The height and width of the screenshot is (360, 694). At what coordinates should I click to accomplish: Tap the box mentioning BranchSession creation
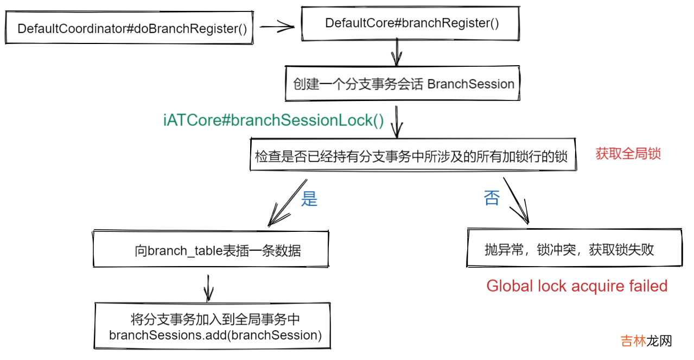(x=403, y=84)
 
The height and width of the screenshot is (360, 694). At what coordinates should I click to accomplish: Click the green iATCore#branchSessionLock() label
(x=273, y=121)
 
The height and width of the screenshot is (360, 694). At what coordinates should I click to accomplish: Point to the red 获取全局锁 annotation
(x=628, y=154)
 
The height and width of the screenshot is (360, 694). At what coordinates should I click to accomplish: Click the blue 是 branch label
(x=309, y=199)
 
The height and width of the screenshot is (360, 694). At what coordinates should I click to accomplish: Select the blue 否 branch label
(x=492, y=198)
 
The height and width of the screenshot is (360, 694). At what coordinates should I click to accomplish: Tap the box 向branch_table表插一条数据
(x=211, y=250)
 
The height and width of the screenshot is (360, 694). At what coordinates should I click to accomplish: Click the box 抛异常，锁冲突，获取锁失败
(x=574, y=249)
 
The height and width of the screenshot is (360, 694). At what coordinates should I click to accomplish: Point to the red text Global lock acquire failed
(x=577, y=286)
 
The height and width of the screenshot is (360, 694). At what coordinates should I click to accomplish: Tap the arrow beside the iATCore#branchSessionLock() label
(x=397, y=122)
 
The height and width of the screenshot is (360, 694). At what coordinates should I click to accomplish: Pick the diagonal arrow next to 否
(x=516, y=200)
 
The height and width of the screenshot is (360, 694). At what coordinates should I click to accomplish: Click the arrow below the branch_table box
(x=208, y=287)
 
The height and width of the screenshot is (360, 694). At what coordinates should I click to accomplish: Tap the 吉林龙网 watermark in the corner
(x=646, y=341)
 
